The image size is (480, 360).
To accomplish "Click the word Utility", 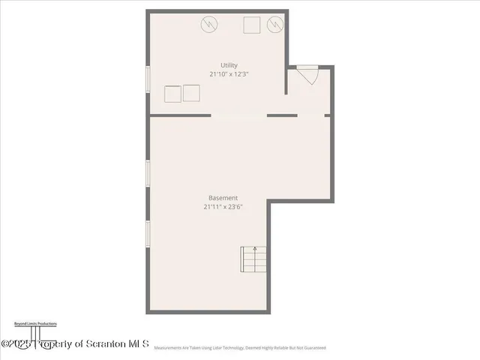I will click(229, 64).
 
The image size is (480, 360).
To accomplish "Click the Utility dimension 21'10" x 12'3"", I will click(229, 74).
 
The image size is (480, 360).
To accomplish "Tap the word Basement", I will click(223, 197).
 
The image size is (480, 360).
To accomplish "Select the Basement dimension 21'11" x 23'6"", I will click(223, 207).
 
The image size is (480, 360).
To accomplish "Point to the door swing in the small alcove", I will click(308, 76).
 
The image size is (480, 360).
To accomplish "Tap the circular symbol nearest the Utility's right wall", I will click(275, 25).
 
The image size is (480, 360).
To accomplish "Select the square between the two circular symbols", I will click(251, 25).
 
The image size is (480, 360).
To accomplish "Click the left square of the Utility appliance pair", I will click(172, 94).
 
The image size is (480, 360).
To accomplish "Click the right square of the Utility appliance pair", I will click(191, 93).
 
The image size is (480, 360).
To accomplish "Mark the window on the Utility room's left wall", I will click(148, 80).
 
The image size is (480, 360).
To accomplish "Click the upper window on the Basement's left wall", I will click(148, 172).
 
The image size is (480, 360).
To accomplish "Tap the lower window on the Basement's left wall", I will click(148, 234).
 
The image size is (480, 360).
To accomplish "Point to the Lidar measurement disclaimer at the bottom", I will click(240, 348).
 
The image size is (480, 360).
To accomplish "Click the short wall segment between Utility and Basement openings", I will click(282, 115).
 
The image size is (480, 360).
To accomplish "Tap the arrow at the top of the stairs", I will click(255, 249).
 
